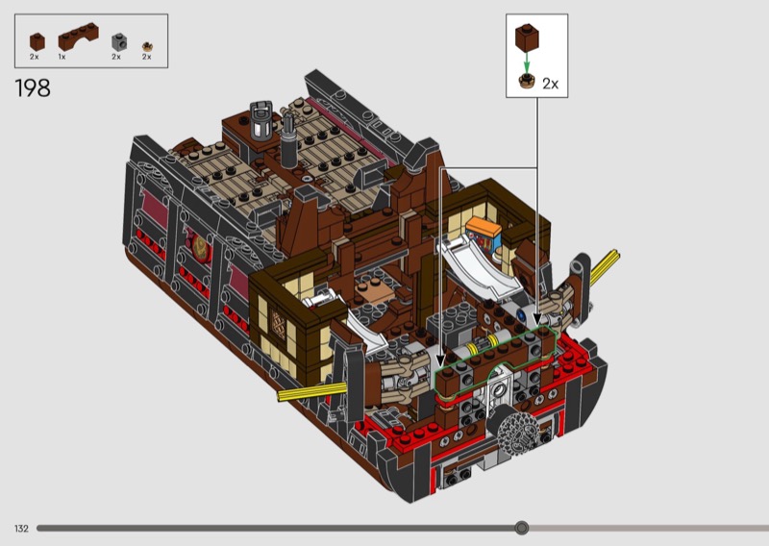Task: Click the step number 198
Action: tap(33, 88)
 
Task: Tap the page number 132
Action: tap(21, 529)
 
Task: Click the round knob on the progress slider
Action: tap(522, 528)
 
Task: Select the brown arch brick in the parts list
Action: tap(78, 37)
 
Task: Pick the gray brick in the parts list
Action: tap(119, 42)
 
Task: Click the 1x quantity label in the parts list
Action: tap(62, 57)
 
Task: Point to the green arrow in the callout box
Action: tap(527, 62)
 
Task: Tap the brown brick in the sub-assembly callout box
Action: tap(527, 37)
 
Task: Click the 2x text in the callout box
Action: tap(550, 84)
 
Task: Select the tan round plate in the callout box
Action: tap(527, 81)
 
